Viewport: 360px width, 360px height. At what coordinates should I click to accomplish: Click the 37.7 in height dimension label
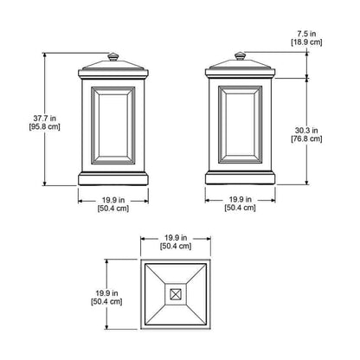(45, 118)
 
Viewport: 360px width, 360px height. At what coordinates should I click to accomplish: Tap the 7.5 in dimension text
(306, 34)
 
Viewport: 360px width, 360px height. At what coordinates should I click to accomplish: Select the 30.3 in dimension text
(306, 131)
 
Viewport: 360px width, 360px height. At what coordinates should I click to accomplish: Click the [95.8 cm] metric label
(45, 126)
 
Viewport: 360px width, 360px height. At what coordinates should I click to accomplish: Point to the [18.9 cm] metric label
(306, 42)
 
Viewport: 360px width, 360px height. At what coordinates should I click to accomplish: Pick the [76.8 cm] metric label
(306, 138)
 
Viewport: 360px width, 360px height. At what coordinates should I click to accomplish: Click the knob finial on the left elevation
(113, 56)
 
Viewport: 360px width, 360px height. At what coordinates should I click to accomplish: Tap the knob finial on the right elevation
(240, 55)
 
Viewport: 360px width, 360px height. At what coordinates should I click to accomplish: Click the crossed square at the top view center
(175, 294)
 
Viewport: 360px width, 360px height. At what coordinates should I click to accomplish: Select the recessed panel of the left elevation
(113, 125)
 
